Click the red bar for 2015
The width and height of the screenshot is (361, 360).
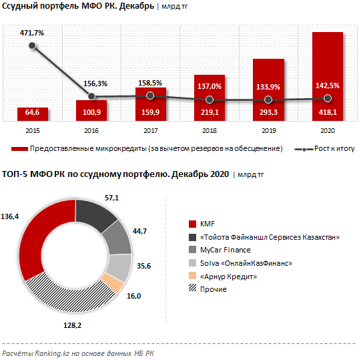[x=33, y=114]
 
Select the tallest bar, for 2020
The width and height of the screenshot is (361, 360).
[x=328, y=76]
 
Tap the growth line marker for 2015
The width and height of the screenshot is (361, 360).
[x=32, y=45]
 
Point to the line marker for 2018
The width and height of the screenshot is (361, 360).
[x=210, y=100]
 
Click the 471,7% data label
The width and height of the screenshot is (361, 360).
[x=32, y=33]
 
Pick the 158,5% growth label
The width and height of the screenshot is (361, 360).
[x=150, y=83]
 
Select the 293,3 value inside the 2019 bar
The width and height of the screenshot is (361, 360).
[x=268, y=112]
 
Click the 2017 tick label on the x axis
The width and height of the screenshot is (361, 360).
[x=151, y=131]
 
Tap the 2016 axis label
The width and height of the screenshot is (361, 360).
[x=91, y=131]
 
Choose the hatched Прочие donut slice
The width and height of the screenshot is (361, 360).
[x=69, y=297]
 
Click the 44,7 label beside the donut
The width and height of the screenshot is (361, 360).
[x=139, y=231]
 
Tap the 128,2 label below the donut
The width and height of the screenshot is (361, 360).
[x=73, y=325]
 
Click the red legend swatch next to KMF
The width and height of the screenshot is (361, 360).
[x=192, y=224]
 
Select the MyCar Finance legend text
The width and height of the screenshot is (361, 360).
[x=226, y=250]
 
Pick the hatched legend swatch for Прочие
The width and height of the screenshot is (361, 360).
[x=192, y=288]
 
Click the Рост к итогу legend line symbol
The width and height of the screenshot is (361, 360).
[x=304, y=150]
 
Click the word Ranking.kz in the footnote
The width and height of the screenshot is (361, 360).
[x=52, y=353]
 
